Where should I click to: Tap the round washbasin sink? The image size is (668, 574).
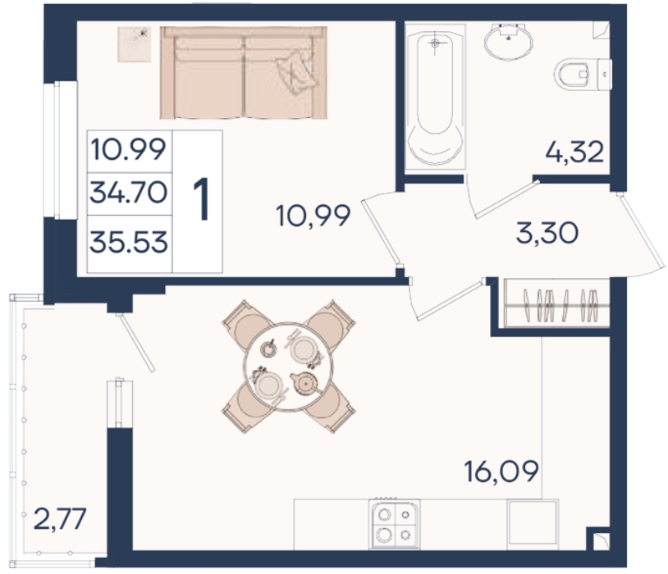pyautogui.click(x=508, y=41)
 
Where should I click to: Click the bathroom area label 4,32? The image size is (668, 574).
pyautogui.click(x=574, y=152)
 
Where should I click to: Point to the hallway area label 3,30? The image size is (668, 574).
pyautogui.click(x=547, y=233)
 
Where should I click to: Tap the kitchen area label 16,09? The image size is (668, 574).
pyautogui.click(x=502, y=471)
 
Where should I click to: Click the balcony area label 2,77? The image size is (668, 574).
pyautogui.click(x=60, y=518)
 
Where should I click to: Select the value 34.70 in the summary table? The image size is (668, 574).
pyautogui.click(x=128, y=193)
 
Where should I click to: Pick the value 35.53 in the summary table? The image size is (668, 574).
pyautogui.click(x=128, y=242)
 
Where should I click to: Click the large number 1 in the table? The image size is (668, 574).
pyautogui.click(x=201, y=199)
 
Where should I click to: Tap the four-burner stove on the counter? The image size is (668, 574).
pyautogui.click(x=395, y=523)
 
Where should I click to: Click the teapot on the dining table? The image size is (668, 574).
pyautogui.click(x=305, y=383)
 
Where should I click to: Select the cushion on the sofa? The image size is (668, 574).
pyautogui.click(x=296, y=71)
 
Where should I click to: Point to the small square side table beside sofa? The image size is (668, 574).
pyautogui.click(x=135, y=43)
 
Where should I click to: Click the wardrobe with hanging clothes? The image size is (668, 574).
pyautogui.click(x=557, y=303)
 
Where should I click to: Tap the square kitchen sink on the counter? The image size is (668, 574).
pyautogui.click(x=533, y=522)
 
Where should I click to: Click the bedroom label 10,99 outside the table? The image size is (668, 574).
pyautogui.click(x=313, y=215)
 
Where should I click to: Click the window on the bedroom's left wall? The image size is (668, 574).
pyautogui.click(x=61, y=150)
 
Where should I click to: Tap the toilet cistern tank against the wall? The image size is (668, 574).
pyautogui.click(x=605, y=75)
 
